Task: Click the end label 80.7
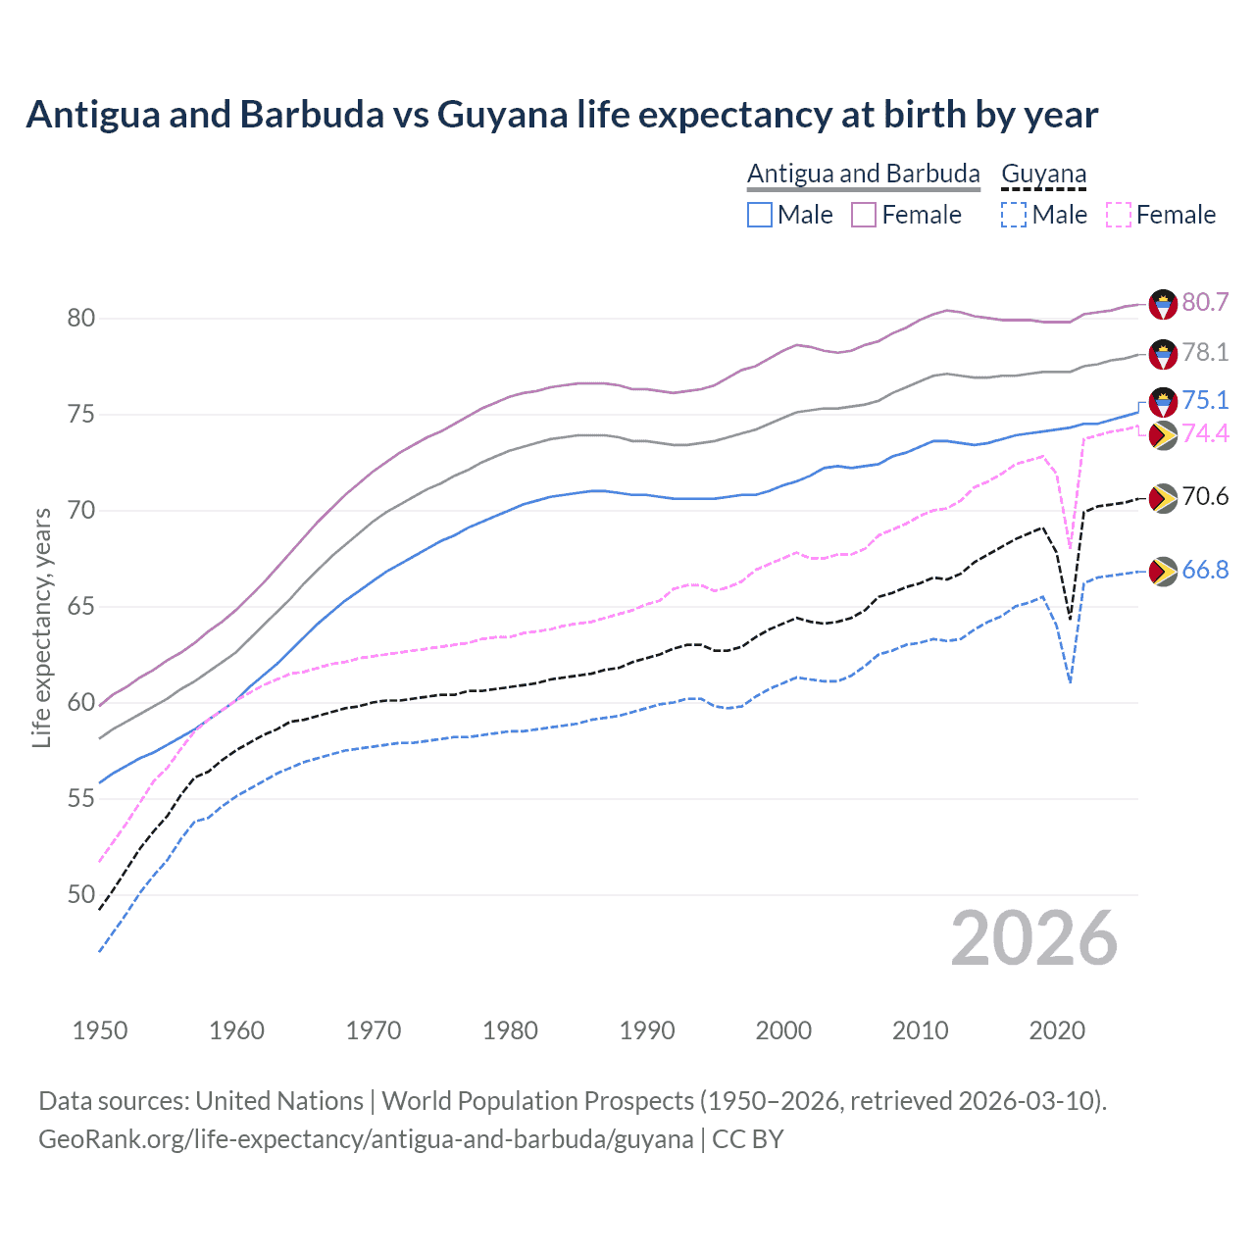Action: click(x=1205, y=302)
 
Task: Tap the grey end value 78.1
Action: click(x=1205, y=352)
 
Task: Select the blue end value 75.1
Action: click(x=1205, y=400)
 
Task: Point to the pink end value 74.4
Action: click(x=1205, y=433)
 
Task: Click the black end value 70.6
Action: click(x=1205, y=496)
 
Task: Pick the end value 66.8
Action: click(x=1205, y=570)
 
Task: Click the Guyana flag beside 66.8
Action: click(x=1163, y=572)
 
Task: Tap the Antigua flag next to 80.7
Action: click(x=1163, y=304)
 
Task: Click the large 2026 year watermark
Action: click(x=1033, y=938)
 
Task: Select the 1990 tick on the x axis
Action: click(x=647, y=1030)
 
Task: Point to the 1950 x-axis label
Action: click(x=100, y=1030)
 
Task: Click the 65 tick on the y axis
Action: click(x=81, y=606)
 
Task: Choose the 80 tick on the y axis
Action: click(x=81, y=318)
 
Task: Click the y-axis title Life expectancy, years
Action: click(x=41, y=627)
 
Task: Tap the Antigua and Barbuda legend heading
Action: click(x=863, y=174)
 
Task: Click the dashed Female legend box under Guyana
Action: click(x=1118, y=215)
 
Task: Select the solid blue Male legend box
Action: click(x=760, y=215)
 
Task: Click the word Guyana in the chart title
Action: click(x=502, y=115)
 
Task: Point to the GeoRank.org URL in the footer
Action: click(x=366, y=1139)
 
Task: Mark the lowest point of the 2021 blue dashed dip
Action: click(x=1070, y=682)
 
